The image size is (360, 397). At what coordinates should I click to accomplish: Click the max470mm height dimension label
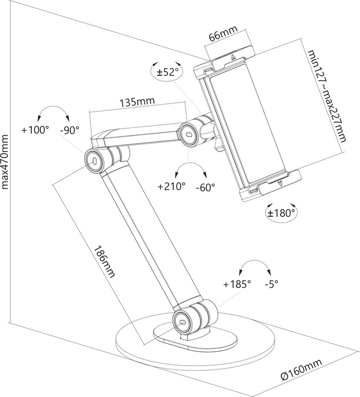[6, 163]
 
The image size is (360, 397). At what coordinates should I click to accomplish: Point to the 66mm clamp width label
[222, 37]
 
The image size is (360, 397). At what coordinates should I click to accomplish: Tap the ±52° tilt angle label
[167, 72]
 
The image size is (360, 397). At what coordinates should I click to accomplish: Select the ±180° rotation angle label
[281, 212]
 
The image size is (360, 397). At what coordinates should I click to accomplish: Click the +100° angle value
[35, 130]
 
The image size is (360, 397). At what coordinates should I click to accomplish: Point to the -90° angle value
[69, 130]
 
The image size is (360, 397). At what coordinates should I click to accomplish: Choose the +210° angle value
[171, 187]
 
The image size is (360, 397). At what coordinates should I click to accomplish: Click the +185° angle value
[237, 284]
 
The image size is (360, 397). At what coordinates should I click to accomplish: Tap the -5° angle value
[272, 284]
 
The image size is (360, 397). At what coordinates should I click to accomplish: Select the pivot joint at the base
[184, 319]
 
